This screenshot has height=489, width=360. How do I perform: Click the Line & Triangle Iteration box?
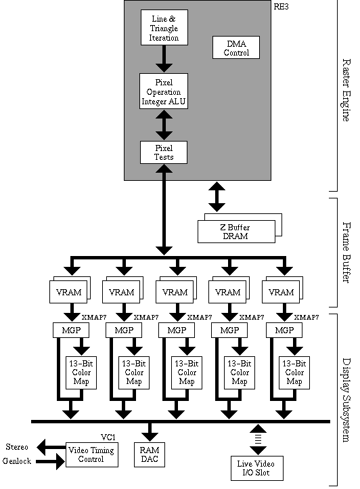tap(163, 28)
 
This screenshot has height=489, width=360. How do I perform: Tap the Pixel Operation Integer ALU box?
tap(163, 91)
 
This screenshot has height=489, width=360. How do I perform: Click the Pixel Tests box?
tap(163, 152)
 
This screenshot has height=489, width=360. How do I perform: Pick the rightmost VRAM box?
tap(282, 292)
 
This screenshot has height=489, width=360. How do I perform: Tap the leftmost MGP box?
tap(66, 331)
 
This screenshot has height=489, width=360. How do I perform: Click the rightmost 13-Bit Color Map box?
tap(294, 371)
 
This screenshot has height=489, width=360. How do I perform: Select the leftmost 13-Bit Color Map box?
tap(80, 371)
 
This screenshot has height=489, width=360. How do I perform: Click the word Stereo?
tap(17, 447)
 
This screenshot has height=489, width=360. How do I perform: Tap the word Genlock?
tap(18, 461)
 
